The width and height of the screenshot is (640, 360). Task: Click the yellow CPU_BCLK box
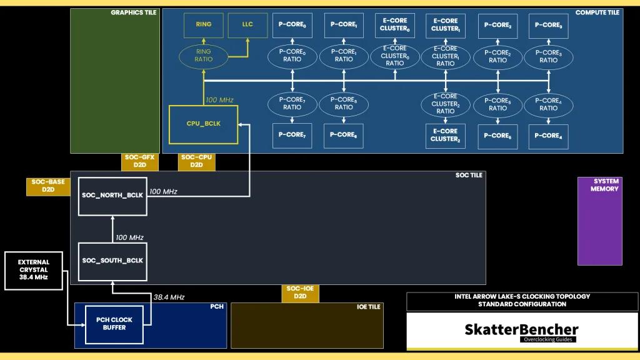coord(204,124)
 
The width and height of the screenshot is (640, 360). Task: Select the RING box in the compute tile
coord(203,24)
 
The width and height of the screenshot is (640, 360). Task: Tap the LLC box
coord(248,24)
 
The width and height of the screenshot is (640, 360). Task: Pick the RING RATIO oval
coord(204,56)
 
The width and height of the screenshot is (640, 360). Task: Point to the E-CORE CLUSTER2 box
coord(446,136)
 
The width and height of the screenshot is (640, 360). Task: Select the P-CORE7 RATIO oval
coord(292,103)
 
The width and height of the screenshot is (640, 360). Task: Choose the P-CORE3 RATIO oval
coord(548,57)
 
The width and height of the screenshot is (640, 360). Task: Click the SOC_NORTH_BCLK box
coord(112,196)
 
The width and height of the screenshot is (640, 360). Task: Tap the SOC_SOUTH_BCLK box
coord(112,261)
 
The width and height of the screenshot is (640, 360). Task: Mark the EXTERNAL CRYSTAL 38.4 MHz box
coord(34,270)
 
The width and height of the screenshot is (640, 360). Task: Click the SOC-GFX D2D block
coord(139,162)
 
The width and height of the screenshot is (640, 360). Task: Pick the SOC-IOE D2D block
coord(300,292)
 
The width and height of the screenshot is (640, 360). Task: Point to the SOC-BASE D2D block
coord(48,186)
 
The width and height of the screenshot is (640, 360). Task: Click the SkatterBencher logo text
coord(521,329)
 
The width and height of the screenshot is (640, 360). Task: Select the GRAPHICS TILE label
coord(134,12)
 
